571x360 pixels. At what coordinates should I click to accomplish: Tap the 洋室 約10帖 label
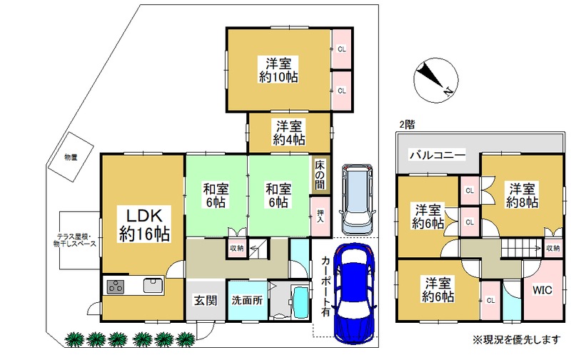click(278, 70)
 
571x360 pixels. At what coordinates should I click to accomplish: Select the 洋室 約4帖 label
click(289, 133)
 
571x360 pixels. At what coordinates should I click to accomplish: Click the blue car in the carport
click(354, 294)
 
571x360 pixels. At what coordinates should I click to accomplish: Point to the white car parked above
click(357, 200)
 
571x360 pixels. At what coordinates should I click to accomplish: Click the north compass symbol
click(435, 80)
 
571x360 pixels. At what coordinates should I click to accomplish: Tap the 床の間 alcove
click(320, 175)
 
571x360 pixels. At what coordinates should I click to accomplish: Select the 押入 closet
click(320, 216)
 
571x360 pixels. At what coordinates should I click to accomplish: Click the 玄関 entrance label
click(206, 300)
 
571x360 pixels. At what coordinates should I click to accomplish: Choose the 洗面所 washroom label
click(247, 300)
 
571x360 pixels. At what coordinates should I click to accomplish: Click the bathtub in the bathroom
click(300, 302)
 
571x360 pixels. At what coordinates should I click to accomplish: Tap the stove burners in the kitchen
click(116, 286)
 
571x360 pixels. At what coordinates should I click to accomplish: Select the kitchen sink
click(153, 285)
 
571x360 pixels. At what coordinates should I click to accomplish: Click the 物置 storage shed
click(71, 157)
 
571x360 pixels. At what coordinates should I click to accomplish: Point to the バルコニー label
click(438, 155)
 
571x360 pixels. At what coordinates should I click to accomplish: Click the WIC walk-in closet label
click(542, 290)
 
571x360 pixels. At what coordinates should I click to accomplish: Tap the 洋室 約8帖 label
click(522, 196)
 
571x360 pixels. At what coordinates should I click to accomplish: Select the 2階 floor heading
click(407, 124)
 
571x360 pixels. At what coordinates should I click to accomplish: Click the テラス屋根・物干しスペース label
click(75, 240)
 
